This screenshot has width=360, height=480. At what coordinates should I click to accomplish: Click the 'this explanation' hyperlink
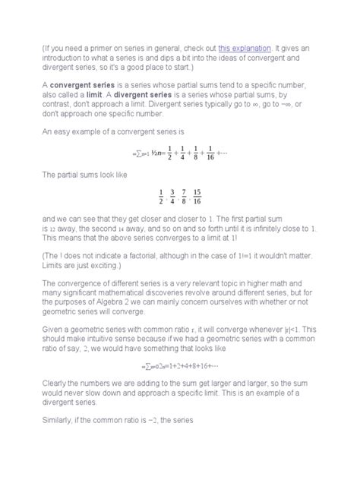(x=245, y=48)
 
